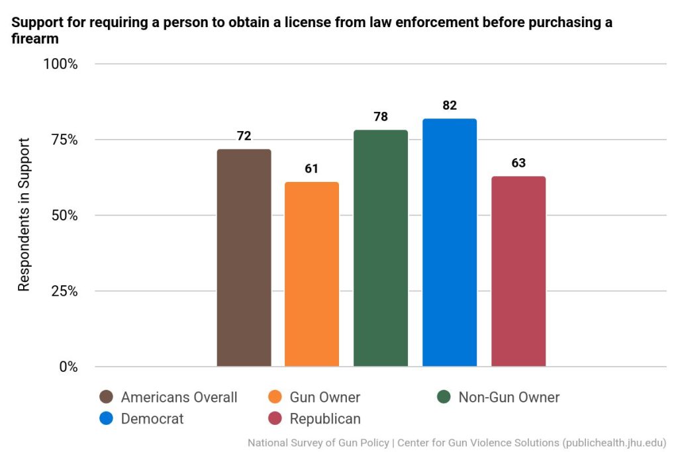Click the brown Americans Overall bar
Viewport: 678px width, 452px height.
(244, 258)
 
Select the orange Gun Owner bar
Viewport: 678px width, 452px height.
(312, 274)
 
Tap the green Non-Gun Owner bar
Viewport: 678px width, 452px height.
(381, 248)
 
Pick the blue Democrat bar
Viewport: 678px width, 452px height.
(450, 242)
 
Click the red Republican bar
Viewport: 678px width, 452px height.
(518, 271)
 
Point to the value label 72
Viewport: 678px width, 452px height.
(244, 136)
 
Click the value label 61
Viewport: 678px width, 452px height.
(312, 169)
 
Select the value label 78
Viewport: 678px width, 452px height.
(381, 117)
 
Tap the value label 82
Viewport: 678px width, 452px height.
(450, 105)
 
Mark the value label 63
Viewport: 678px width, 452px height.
(518, 163)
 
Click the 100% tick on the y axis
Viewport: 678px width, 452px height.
(61, 64)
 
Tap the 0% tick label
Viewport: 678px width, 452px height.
(68, 367)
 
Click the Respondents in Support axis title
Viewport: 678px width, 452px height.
(24, 215)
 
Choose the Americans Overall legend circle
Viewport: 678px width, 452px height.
(106, 397)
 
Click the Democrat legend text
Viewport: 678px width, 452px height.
(152, 419)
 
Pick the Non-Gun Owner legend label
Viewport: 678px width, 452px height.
(508, 397)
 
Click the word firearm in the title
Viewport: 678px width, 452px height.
(35, 39)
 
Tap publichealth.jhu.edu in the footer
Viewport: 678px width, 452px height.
(613, 442)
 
